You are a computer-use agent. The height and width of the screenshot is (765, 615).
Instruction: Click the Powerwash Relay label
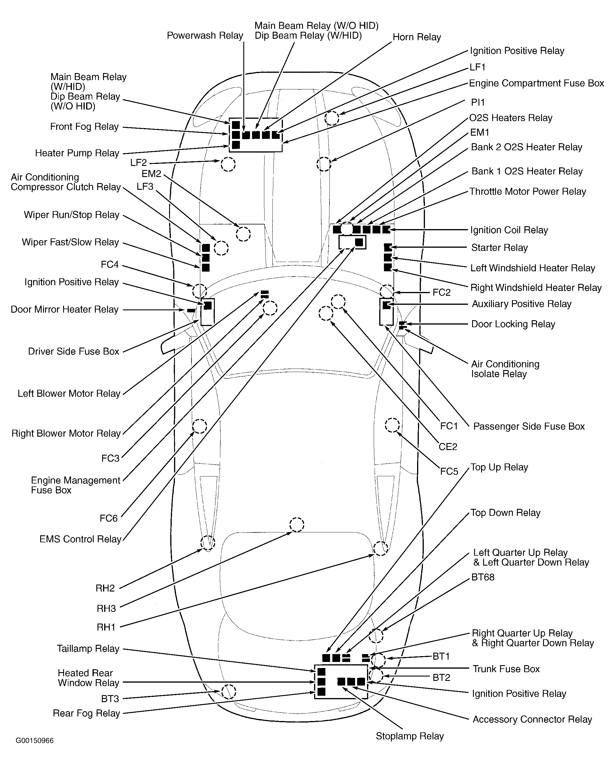click(x=205, y=36)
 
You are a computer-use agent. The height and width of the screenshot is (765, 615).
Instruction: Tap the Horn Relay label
click(x=417, y=37)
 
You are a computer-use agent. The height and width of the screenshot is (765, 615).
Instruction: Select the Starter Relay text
click(x=499, y=248)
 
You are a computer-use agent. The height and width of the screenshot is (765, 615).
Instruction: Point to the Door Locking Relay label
click(x=513, y=324)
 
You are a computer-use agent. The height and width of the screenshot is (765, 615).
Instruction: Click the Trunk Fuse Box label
click(x=506, y=669)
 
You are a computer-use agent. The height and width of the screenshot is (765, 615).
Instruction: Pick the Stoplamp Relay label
click(x=410, y=736)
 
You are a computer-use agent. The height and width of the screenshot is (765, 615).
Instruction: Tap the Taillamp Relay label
click(x=88, y=649)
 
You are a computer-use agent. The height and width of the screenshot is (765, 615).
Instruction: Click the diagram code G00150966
click(x=34, y=741)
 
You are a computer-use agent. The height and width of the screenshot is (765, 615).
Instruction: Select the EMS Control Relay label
click(x=81, y=539)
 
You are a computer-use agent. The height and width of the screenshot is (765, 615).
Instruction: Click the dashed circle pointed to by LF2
click(x=228, y=164)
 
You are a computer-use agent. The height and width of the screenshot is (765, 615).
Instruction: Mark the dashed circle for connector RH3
click(x=297, y=525)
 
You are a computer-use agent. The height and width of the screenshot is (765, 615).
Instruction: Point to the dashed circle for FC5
click(x=392, y=425)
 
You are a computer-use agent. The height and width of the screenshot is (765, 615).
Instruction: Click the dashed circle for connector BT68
click(x=376, y=635)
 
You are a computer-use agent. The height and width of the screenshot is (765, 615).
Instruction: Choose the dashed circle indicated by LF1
click(x=332, y=118)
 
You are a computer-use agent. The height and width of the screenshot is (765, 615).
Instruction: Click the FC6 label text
click(x=109, y=518)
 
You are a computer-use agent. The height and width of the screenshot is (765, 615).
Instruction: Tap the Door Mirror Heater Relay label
click(x=65, y=309)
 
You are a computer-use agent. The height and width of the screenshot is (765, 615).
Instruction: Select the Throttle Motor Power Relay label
click(x=528, y=192)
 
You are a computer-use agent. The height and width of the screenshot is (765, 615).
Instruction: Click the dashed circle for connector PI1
click(x=324, y=164)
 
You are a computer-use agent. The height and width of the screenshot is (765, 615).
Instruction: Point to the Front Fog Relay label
click(x=84, y=127)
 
